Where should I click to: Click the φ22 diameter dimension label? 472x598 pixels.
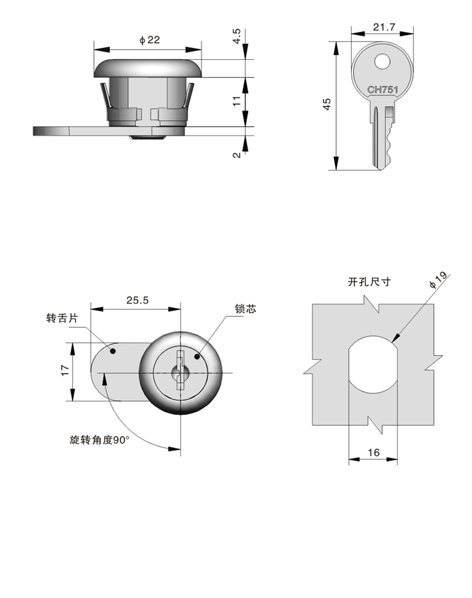pyautogui.click(x=149, y=40)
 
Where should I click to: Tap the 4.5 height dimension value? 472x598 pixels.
pyautogui.click(x=237, y=36)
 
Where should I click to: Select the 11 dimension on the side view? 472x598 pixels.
pyautogui.click(x=237, y=101)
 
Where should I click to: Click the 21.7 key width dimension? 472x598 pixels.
pyautogui.click(x=383, y=27)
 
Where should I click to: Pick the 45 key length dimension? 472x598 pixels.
pyautogui.click(x=327, y=105)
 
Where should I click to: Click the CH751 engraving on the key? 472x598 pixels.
pyautogui.click(x=383, y=90)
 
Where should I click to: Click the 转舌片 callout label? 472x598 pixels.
pyautogui.click(x=62, y=318)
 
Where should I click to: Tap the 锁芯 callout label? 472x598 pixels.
pyautogui.click(x=246, y=309)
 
